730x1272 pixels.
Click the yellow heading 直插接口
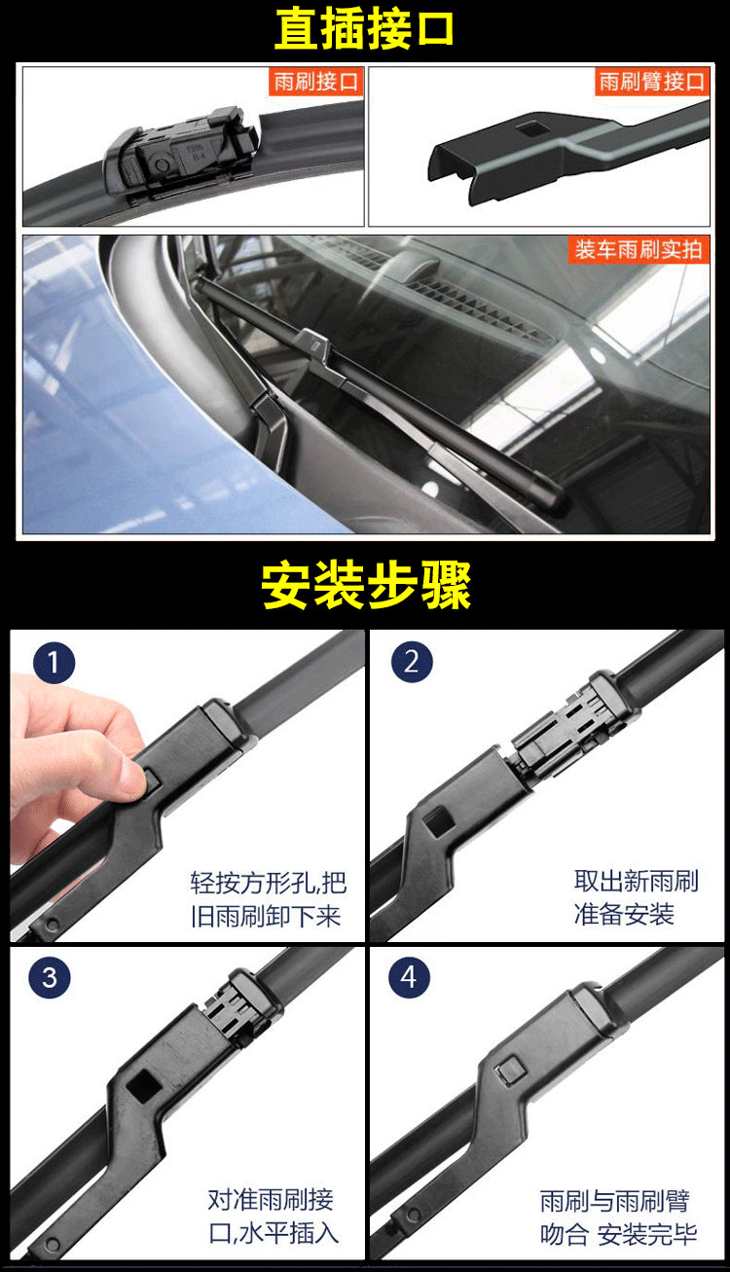364,28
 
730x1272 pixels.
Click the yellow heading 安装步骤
366,585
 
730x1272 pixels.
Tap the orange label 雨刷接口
316,81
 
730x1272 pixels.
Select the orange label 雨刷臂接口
652,81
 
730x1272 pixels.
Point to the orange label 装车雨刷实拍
639,249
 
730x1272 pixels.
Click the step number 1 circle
54,663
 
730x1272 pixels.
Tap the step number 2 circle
412,662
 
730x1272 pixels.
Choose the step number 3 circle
50,977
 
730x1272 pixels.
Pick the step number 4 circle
409,977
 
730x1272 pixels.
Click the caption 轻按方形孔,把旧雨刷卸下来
268,899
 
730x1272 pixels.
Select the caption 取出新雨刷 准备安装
636,897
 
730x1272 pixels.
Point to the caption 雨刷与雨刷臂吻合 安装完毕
618,1217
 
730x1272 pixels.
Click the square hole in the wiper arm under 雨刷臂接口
532,128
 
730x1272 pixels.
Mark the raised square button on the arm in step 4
511,1071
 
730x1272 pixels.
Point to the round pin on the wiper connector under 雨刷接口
162,165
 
